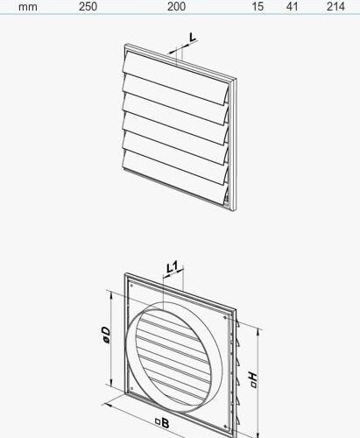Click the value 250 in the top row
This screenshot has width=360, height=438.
point(88,6)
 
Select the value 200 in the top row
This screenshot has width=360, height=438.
point(176,6)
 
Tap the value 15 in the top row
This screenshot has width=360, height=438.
point(258,6)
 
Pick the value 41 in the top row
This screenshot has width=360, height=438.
point(293,6)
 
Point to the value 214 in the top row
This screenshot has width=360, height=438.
point(335,6)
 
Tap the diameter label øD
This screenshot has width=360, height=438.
point(104,336)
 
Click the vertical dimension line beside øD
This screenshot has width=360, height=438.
point(112,337)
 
